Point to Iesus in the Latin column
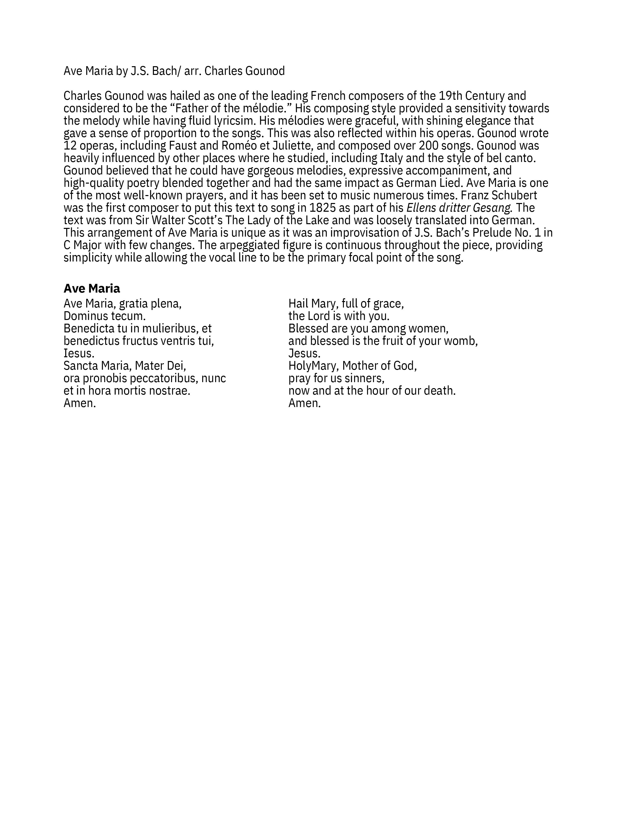(79, 353)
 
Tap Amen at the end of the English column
(304, 403)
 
